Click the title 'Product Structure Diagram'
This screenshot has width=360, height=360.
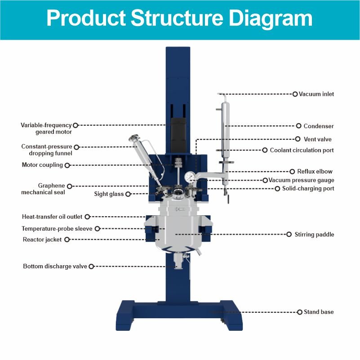179,19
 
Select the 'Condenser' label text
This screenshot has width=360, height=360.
318,126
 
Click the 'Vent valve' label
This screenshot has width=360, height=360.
318,139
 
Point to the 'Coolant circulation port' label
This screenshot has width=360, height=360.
302,150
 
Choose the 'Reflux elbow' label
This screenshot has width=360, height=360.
315,171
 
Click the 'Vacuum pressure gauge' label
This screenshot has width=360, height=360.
301,180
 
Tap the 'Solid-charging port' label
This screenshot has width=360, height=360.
308,189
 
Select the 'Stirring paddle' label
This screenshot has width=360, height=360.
314,234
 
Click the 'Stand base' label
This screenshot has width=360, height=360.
319,312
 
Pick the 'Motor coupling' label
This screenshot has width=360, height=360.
42,165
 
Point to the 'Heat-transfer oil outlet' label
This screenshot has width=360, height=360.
52,217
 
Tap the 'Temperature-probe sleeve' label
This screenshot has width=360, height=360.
57,228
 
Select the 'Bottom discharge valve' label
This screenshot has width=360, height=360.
54,267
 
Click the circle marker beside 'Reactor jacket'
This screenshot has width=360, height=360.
67,240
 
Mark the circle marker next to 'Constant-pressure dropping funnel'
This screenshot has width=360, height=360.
76,147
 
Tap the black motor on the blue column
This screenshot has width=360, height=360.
178,133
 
